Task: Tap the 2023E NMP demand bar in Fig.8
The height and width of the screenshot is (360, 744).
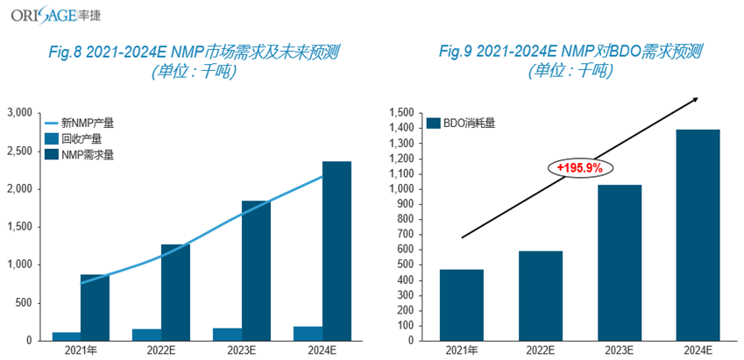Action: click(x=256, y=270)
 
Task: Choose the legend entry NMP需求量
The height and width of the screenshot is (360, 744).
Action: click(x=87, y=154)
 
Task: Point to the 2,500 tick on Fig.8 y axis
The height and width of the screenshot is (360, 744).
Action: click(x=21, y=151)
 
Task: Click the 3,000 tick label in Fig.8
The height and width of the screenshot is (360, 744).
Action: click(x=21, y=113)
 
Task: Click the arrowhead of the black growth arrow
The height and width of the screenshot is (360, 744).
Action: click(x=696, y=98)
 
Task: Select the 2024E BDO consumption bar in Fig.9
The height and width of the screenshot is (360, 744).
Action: click(x=699, y=235)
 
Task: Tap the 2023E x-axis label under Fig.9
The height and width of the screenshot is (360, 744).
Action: click(x=620, y=350)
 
